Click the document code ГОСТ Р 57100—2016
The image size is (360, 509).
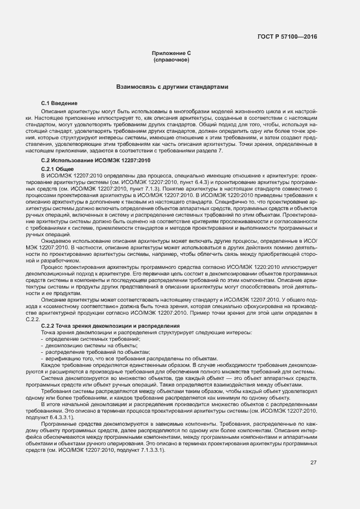(x=288, y=36)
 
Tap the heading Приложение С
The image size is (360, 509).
(x=171, y=53)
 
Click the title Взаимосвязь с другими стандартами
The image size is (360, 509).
(x=172, y=87)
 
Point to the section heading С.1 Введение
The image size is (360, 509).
(x=59, y=103)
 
